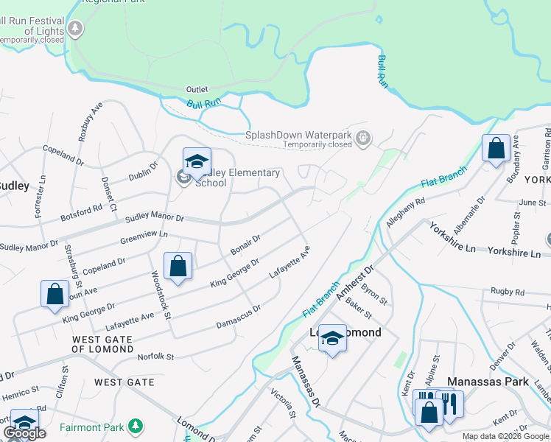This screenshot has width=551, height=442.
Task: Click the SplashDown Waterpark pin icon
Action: pos(362,138)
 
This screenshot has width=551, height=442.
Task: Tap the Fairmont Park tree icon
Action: pos(135,426)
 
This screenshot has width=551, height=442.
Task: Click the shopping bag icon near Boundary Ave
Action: pos(496,148)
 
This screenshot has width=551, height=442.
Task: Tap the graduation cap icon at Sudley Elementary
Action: pos(197,161)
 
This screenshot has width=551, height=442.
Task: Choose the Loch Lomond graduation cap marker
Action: pos(332,338)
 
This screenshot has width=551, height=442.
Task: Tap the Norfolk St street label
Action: pos(155,357)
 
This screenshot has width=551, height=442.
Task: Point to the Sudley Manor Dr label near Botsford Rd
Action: pos(154,218)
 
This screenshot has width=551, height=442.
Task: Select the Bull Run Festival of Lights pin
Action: pos(75,29)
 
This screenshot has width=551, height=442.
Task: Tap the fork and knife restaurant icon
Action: pos(450,403)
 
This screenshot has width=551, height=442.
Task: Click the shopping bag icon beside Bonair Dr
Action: pos(178,266)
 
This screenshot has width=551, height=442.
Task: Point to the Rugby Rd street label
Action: pos(509,292)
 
